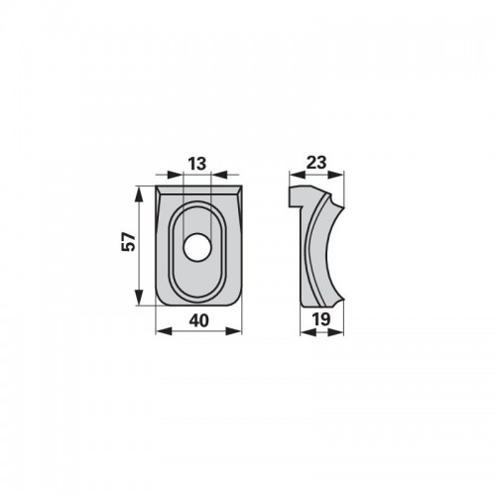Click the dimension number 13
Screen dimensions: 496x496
point(197,164)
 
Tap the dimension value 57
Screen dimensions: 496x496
point(129,242)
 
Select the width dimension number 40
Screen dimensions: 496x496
point(199,320)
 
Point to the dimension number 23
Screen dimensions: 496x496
point(316,163)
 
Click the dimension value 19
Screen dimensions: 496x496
point(321,319)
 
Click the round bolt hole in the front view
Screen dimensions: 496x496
point(197,248)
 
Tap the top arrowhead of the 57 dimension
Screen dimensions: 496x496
point(139,193)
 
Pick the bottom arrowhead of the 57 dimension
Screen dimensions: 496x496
point(139,298)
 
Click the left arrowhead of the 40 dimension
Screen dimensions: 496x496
point(164,331)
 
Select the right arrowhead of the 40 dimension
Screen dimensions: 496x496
point(234,331)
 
